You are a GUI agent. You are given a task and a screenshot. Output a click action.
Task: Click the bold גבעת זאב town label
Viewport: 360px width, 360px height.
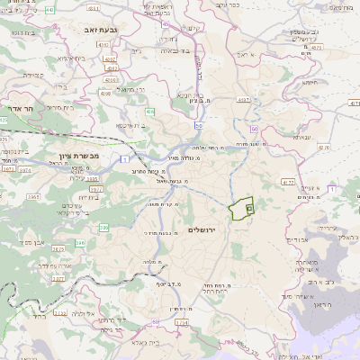point(87,29)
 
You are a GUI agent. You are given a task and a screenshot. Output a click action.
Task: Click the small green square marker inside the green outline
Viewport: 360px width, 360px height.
point(249,208)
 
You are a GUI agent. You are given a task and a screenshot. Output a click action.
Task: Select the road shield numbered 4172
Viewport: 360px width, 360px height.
point(288,182)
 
